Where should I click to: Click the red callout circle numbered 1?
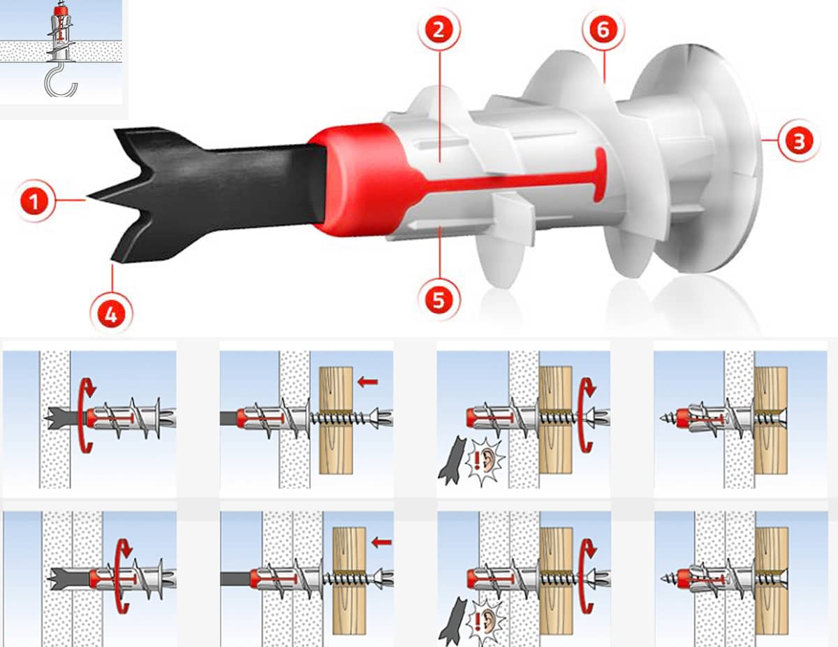pos(34,201)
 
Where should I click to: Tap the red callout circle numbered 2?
pos(439,30)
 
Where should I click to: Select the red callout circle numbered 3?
pos(798,140)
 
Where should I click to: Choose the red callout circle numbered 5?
pos(439,300)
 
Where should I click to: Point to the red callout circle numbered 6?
pos(603,30)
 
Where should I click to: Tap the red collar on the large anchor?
pos(359,180)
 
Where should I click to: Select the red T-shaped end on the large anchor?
pos(600,175)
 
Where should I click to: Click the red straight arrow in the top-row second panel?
pos(367,382)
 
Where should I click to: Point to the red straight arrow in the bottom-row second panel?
pos(381,542)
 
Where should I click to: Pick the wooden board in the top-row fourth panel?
pos(771,420)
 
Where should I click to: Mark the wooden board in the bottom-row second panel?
pos(349,581)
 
